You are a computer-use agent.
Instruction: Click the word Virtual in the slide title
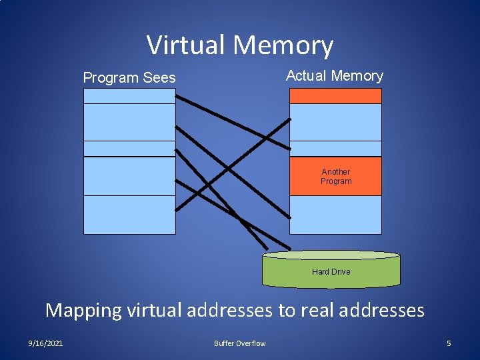tap(185, 45)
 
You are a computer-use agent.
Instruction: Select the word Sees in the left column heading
tap(159, 78)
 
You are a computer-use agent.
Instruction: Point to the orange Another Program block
tap(335, 177)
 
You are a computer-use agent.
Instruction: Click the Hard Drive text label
tap(331, 272)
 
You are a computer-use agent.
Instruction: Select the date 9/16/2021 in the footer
tap(46, 343)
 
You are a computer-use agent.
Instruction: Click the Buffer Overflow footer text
tap(239, 343)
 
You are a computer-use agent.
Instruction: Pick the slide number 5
tap(449, 343)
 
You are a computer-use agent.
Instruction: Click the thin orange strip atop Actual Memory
tap(335, 96)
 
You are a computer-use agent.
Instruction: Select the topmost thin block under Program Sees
tap(129, 96)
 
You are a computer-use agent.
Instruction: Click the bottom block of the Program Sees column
tap(129, 215)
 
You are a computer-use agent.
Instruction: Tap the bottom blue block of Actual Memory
tap(335, 215)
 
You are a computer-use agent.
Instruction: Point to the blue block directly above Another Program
tap(335, 149)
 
